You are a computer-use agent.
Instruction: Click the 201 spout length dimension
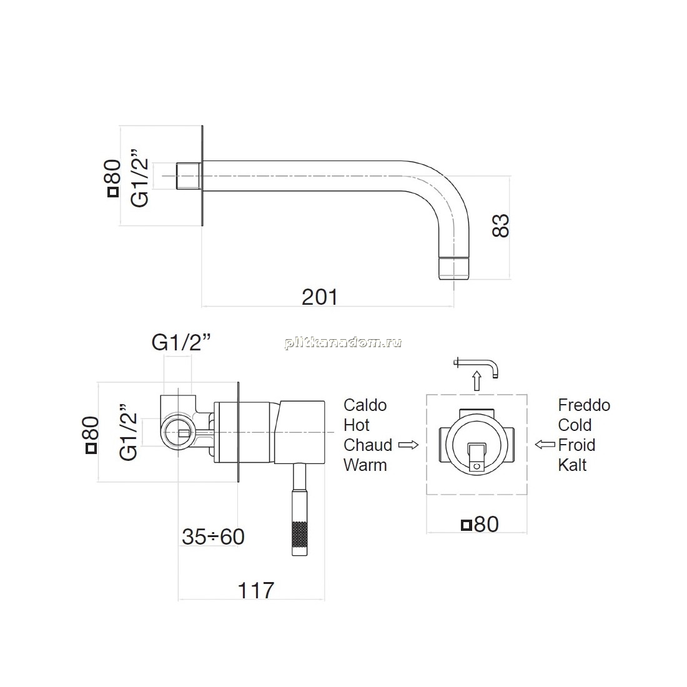pyautogui.click(x=320, y=297)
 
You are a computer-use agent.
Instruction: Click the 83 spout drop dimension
pyautogui.click(x=501, y=225)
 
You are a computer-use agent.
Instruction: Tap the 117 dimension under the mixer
pyautogui.click(x=256, y=590)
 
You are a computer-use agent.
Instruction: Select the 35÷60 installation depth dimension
pyautogui.click(x=214, y=536)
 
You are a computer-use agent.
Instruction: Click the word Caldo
pyautogui.click(x=365, y=405)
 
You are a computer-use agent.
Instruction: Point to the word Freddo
pyautogui.click(x=584, y=405)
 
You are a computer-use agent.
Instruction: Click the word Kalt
pyautogui.click(x=572, y=465)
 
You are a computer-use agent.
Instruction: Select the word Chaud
pyautogui.click(x=368, y=445)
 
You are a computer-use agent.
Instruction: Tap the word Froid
pyautogui.click(x=576, y=445)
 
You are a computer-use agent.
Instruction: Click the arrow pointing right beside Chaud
pyautogui.click(x=408, y=445)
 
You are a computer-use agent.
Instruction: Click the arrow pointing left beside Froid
pyautogui.click(x=545, y=445)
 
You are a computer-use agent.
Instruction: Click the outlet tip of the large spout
pyautogui.click(x=454, y=268)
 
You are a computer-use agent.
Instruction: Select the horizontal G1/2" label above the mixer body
pyautogui.click(x=181, y=342)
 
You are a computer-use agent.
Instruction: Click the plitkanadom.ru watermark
pyautogui.click(x=343, y=343)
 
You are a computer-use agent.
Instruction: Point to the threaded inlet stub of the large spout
pyautogui.click(x=189, y=176)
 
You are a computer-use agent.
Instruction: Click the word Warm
pyautogui.click(x=365, y=465)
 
